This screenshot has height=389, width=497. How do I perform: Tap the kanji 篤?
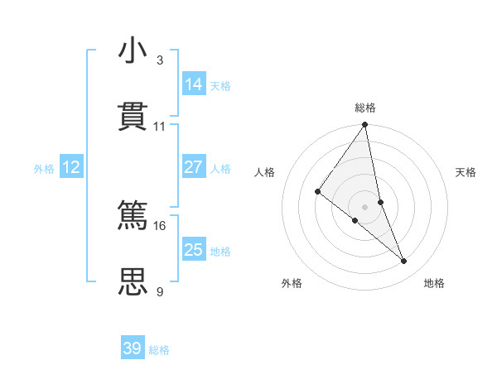tap(133, 214)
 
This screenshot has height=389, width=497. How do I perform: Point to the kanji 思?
tap(133, 281)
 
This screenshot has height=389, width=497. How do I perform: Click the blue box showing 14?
tap(194, 84)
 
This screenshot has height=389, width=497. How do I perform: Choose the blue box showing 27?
tap(194, 167)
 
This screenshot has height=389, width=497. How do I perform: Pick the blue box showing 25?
tap(194, 250)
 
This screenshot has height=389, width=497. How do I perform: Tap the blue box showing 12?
tap(71, 167)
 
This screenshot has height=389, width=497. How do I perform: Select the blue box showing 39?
tap(133, 348)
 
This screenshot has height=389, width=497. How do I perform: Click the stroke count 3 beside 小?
tap(160, 60)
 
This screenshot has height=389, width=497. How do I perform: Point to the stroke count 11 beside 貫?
tap(160, 127)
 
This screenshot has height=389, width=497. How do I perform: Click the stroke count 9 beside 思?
tap(160, 291)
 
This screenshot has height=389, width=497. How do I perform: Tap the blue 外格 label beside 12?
tap(44, 168)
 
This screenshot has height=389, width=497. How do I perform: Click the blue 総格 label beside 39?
tap(159, 350)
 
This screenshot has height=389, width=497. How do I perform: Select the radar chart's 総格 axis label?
tap(365, 108)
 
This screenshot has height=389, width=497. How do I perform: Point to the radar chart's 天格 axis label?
tap(466, 172)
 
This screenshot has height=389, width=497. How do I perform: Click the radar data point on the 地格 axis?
tap(404, 261)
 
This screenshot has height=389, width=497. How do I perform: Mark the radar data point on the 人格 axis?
tap(317, 192)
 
